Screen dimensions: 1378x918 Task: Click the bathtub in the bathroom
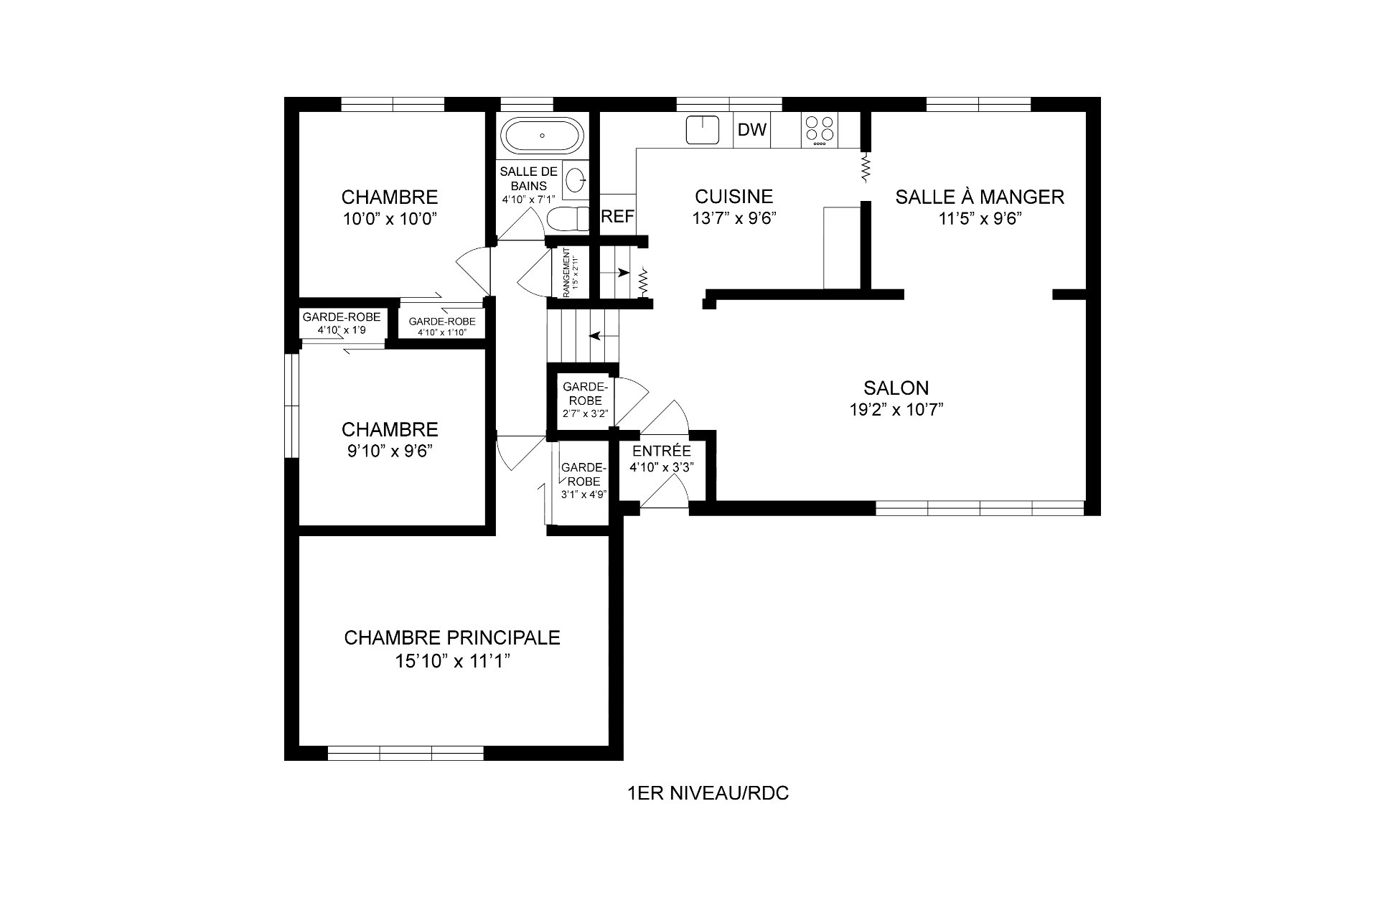pos(543,135)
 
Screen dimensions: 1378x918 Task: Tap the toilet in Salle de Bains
pos(568,217)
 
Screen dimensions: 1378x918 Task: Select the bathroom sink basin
pos(576,179)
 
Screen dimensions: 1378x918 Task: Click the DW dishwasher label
pos(752,130)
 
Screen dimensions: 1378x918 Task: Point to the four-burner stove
pos(820,131)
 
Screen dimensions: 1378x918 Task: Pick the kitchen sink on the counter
pos(703,130)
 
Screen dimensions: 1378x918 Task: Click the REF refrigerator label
pos(617,217)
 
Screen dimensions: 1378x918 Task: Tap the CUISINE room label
pos(733,196)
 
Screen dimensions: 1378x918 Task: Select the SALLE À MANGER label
pos(980,196)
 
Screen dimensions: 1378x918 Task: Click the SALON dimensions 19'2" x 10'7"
pos(896,409)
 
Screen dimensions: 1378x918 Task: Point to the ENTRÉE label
pos(661,451)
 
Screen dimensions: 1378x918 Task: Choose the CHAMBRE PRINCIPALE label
pos(452,637)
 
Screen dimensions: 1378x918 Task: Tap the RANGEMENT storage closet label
pos(567,273)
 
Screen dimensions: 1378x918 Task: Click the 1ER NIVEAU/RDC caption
pos(708,793)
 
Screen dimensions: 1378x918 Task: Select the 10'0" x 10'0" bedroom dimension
pos(390,219)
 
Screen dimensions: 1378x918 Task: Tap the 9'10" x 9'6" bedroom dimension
pos(390,451)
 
